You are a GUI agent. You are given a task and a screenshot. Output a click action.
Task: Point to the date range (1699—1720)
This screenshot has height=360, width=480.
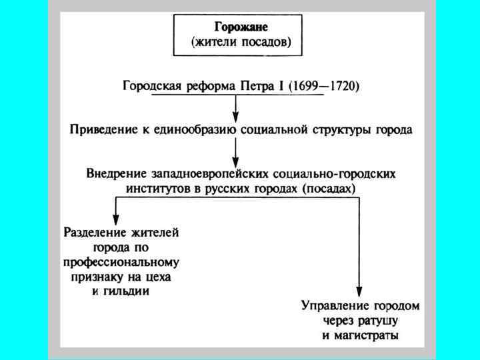click(325, 86)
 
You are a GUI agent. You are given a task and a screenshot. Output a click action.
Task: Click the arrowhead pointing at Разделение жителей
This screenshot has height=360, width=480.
click(117, 219)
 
